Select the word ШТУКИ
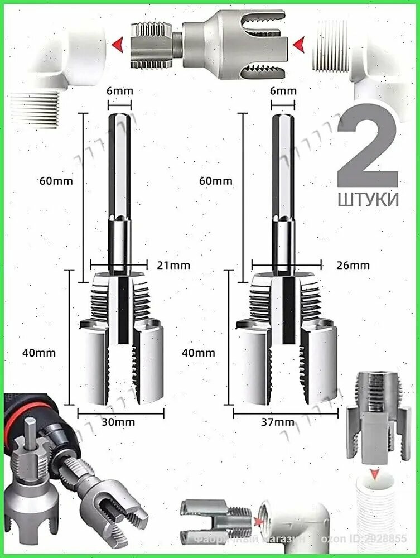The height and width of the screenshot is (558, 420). (x=368, y=199)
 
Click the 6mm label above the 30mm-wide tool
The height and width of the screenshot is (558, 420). (x=119, y=91)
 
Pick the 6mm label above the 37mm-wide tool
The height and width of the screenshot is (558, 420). (x=283, y=91)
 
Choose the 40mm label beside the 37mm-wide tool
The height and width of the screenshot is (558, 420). (x=198, y=353)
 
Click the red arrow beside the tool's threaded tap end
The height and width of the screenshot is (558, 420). (x=117, y=44)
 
